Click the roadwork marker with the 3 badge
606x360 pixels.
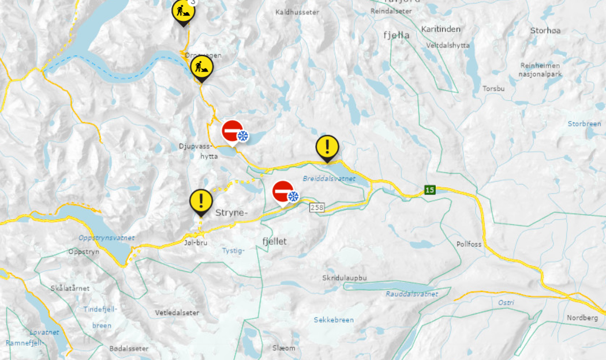click(183, 12)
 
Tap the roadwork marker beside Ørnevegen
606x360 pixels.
click(201, 67)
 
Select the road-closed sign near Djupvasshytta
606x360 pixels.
click(233, 131)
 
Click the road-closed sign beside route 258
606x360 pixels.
click(283, 192)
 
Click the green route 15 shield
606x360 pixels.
click(429, 190)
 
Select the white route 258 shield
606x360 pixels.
click(316, 207)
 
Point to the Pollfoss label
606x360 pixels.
click(469, 244)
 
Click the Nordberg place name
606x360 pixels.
click(583, 318)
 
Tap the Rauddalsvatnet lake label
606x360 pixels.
click(412, 294)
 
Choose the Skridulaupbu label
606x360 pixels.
click(345, 278)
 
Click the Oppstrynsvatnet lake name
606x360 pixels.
click(106, 238)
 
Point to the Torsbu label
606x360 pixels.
click(493, 89)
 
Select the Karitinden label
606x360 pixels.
click(441, 29)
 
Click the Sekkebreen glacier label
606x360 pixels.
click(334, 320)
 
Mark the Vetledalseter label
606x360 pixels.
click(177, 313)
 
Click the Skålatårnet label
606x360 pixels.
click(69, 288)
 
